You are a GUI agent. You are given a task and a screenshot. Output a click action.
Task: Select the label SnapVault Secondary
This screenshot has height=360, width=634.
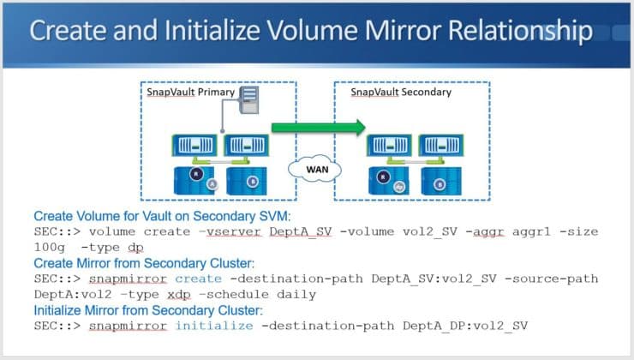pos(389,92)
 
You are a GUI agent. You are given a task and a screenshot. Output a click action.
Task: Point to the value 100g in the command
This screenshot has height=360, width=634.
pos(50,247)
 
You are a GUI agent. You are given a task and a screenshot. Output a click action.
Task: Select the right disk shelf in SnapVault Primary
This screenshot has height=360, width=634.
pos(242,182)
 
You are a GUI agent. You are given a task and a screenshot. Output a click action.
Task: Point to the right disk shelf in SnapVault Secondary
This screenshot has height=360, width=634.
pos(437,182)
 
